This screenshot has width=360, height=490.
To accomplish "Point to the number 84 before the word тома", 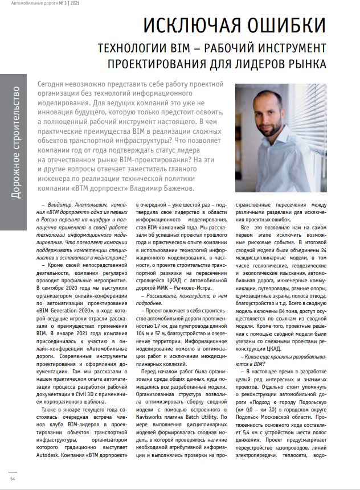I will (287, 314).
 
